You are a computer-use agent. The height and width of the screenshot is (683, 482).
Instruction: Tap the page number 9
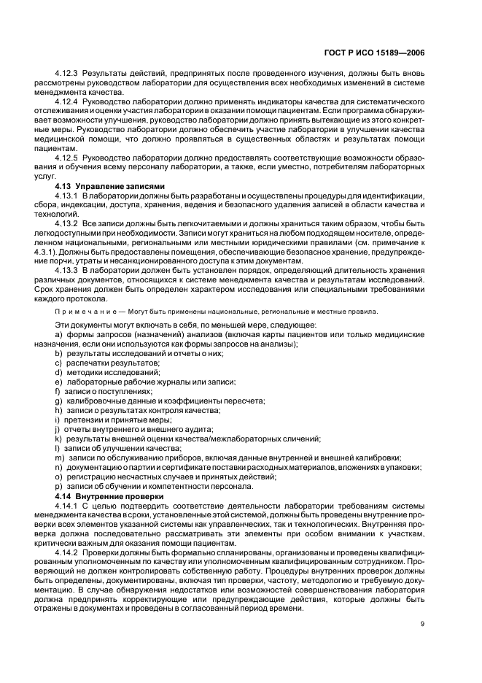coord(422,623)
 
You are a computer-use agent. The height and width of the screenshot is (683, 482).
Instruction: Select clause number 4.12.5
coord(67,158)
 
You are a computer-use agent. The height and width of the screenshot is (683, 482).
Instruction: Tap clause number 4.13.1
coord(67,196)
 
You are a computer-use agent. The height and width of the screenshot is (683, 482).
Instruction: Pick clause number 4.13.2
coord(67,223)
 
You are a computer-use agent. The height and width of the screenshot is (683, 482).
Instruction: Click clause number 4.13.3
coord(67,270)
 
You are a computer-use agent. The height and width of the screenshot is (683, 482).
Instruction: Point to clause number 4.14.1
coord(67,505)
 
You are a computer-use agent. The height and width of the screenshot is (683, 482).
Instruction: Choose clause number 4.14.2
coord(67,552)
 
